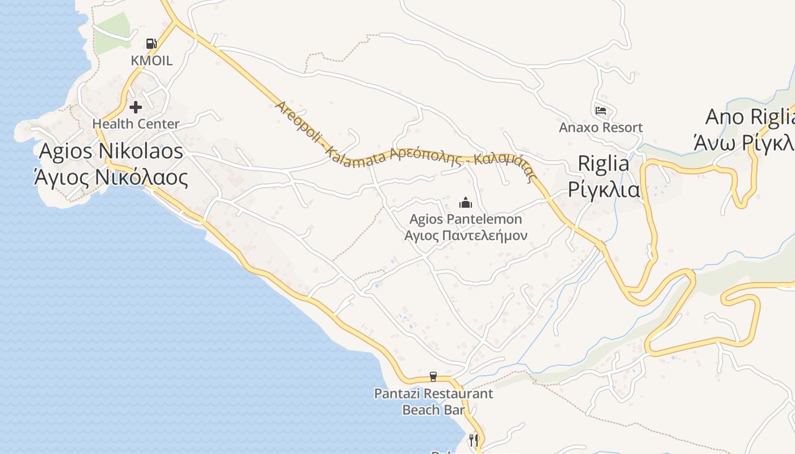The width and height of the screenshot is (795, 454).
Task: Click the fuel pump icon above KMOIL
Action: click(x=151, y=43)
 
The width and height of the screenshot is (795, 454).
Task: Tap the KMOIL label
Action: click(x=151, y=60)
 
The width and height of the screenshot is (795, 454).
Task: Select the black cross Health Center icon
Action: click(x=136, y=107)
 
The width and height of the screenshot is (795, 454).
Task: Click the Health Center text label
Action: click(x=136, y=124)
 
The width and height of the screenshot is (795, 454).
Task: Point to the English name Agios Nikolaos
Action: click(x=111, y=151)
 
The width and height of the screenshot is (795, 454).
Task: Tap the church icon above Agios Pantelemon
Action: click(x=466, y=203)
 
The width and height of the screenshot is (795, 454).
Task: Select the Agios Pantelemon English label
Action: click(x=466, y=219)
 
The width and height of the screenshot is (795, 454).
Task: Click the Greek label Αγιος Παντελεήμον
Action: click(x=466, y=236)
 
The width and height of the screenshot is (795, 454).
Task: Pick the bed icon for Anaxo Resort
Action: click(x=601, y=110)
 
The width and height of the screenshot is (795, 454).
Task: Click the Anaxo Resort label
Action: click(x=601, y=127)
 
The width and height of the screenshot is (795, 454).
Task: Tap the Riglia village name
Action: click(x=604, y=163)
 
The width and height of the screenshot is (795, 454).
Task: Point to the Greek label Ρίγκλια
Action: click(x=604, y=190)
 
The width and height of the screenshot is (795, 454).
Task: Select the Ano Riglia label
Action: click(x=748, y=117)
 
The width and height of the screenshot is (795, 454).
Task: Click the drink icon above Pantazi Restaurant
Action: click(x=433, y=377)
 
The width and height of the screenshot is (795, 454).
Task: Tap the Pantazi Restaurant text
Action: click(x=433, y=393)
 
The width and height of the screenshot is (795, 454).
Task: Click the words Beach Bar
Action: click(x=433, y=409)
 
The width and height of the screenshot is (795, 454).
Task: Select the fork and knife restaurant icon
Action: click(x=474, y=440)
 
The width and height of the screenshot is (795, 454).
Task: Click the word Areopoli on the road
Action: click(x=298, y=123)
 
